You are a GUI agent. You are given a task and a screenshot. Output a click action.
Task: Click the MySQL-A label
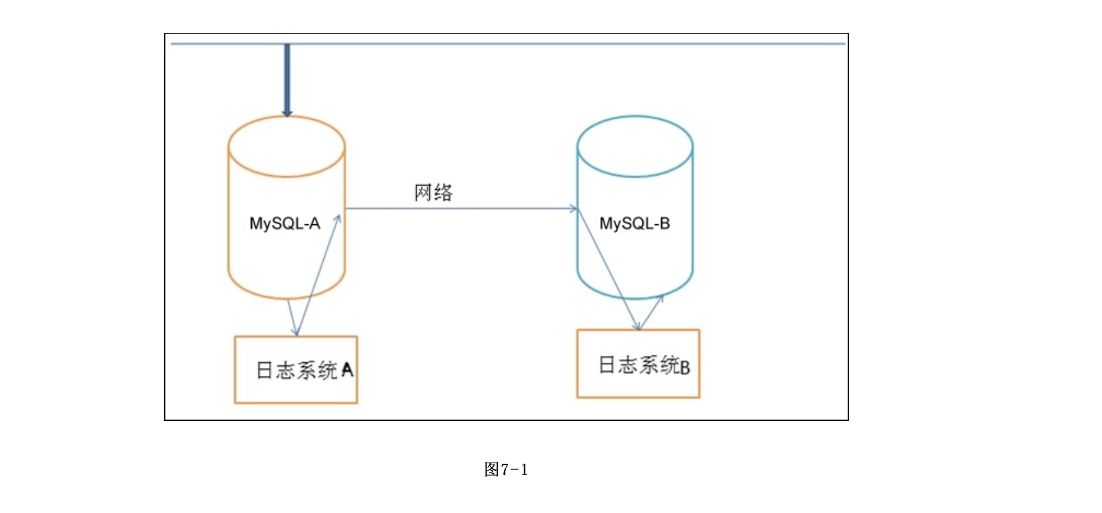285,224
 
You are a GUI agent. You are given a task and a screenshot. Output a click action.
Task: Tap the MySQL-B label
634,224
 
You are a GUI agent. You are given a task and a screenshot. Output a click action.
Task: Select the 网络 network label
434,193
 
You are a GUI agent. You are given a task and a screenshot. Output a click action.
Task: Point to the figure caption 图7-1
506,470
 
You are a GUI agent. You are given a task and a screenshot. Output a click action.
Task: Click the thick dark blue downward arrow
287,78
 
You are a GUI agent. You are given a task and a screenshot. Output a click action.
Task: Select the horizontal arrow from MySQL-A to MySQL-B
460,209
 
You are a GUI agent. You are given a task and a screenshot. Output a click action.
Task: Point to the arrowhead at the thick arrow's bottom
287,113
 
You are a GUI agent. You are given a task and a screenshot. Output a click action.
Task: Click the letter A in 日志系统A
347,371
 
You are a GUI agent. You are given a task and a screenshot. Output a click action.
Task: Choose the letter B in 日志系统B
685,367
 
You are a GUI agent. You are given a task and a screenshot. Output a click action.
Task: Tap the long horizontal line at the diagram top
508,43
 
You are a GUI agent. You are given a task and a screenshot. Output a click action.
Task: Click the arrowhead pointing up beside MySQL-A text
338,219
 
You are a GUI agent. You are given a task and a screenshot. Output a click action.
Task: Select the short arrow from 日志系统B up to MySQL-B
652,312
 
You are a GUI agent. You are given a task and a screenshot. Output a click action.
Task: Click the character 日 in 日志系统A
265,371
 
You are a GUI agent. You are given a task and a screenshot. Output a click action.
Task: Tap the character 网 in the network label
423,193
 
